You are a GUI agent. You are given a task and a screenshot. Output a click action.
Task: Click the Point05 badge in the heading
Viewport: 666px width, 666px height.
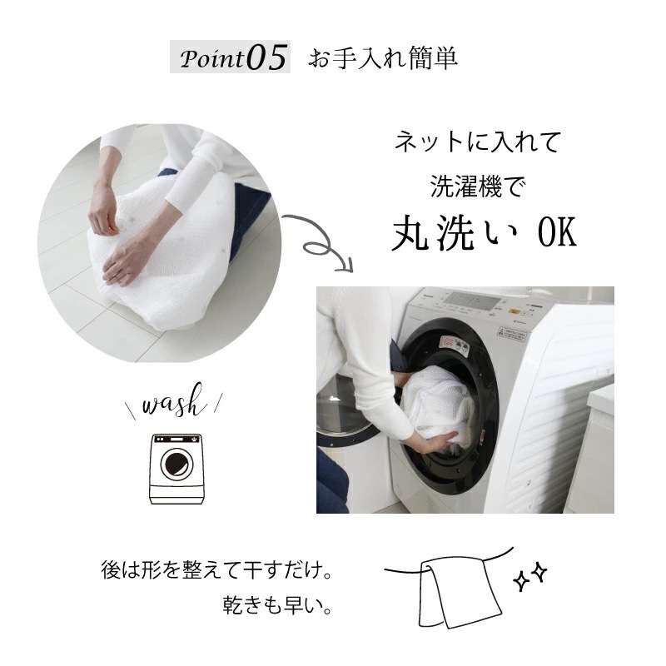(230, 57)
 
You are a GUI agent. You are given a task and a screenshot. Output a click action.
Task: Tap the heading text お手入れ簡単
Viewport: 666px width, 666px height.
(383, 58)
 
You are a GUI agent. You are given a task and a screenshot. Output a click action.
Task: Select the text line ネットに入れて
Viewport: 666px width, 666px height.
(478, 142)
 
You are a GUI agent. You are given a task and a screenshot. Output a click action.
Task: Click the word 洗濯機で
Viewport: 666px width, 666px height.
(478, 186)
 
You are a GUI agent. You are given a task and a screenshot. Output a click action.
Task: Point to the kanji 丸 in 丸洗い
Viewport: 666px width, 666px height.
(410, 233)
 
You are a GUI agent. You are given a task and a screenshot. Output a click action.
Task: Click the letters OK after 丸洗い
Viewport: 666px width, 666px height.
(557, 233)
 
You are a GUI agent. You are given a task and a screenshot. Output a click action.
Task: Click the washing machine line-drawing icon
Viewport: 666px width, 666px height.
(176, 469)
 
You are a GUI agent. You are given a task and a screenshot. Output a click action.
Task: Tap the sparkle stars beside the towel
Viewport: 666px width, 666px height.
(530, 576)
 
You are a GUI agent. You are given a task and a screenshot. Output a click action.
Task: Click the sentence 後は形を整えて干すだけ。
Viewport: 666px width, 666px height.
(216, 570)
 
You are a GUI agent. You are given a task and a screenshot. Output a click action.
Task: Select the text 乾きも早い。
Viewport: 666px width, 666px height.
(277, 605)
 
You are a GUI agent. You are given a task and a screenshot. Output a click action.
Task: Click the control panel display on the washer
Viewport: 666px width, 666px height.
(475, 301)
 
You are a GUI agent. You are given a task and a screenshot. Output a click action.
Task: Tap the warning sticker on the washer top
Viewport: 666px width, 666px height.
(512, 334)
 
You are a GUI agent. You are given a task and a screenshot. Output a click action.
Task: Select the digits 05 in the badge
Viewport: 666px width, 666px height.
(266, 57)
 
